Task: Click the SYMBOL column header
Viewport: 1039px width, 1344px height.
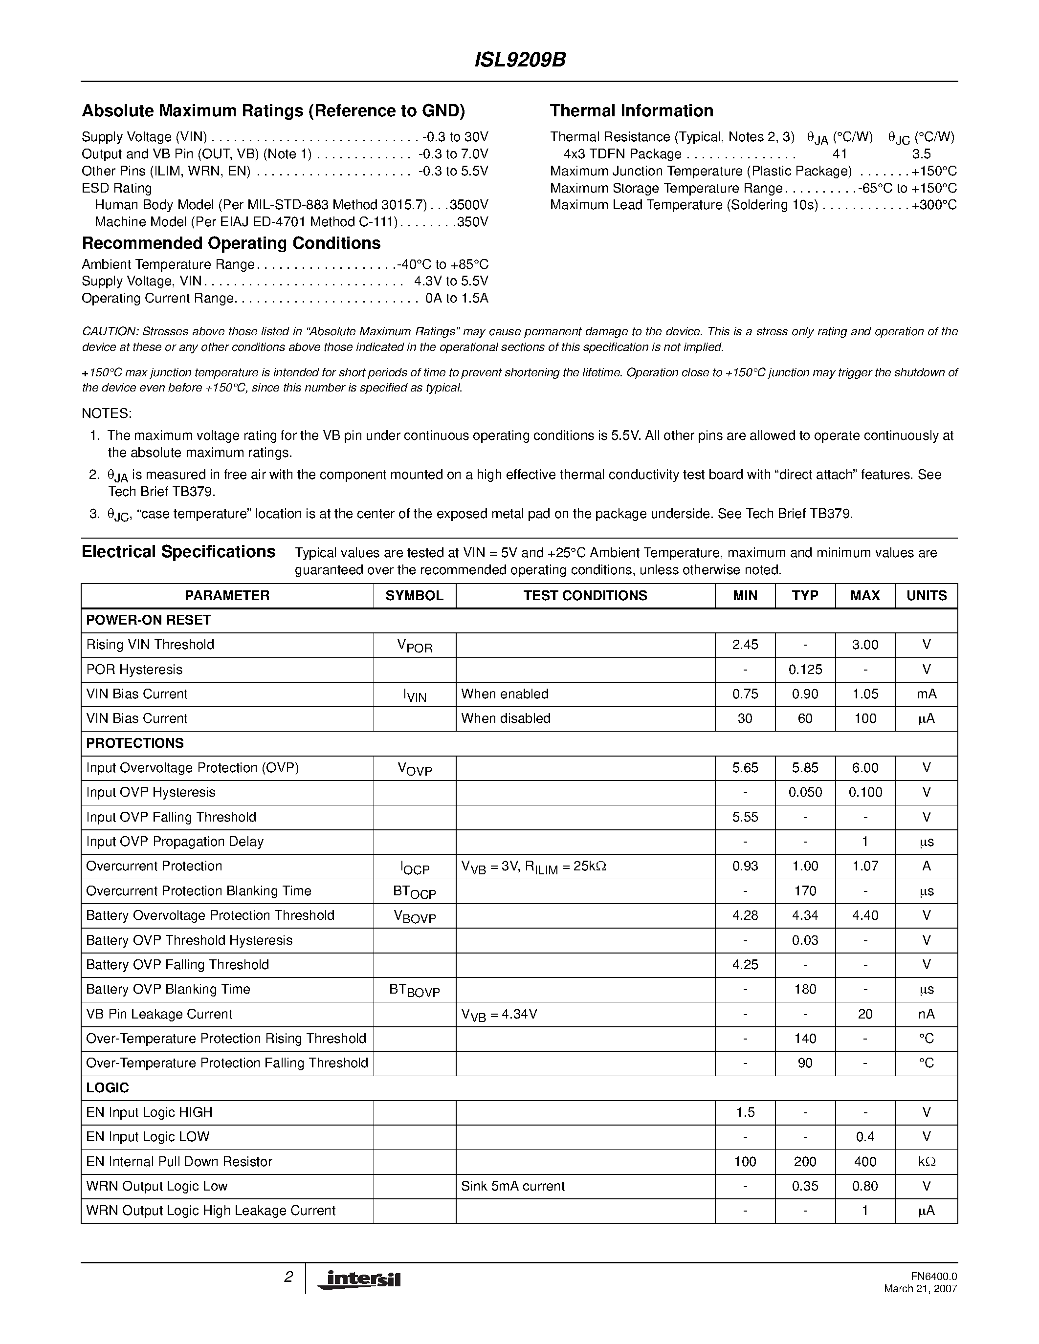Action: (414, 596)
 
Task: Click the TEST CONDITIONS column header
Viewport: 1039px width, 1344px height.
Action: (585, 596)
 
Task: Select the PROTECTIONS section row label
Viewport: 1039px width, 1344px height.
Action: (135, 743)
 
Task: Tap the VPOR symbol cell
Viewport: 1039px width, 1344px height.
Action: (414, 646)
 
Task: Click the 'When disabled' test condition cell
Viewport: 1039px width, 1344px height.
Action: (506, 719)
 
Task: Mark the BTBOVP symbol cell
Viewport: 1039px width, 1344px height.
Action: (414, 990)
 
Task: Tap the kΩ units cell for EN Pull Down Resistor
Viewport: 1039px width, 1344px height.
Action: (927, 1162)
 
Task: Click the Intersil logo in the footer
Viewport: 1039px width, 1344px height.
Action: (359, 1279)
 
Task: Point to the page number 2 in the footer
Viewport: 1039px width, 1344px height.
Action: (288, 1277)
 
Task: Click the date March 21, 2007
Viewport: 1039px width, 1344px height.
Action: (920, 1289)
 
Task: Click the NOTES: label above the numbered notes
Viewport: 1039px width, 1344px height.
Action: (107, 413)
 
